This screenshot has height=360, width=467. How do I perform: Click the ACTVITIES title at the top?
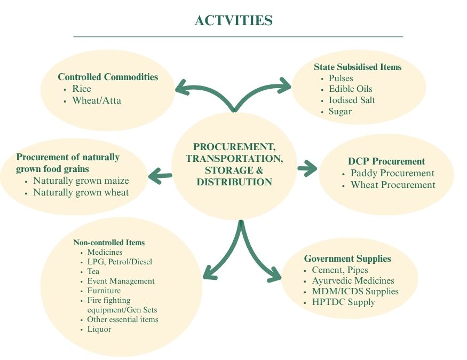(234, 20)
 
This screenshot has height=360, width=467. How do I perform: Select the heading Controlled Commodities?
(108, 77)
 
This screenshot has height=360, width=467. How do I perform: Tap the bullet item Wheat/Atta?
(97, 100)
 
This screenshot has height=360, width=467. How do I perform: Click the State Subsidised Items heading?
(358, 67)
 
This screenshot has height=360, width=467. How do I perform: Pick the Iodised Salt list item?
(351, 100)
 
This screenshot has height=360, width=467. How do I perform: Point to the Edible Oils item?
(350, 89)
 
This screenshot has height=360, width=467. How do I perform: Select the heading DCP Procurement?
(386, 161)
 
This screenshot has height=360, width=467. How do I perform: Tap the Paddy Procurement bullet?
(392, 173)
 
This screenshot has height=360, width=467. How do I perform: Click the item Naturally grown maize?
(81, 181)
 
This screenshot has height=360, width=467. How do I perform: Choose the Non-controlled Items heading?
(109, 242)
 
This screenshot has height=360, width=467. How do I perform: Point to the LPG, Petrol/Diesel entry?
(120, 262)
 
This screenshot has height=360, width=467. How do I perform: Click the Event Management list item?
(121, 281)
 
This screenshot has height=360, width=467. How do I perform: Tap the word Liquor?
(99, 329)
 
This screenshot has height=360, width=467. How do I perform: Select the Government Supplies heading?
(347, 259)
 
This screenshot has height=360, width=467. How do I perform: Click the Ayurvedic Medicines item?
(353, 281)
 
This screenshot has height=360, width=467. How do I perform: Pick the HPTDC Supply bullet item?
(343, 302)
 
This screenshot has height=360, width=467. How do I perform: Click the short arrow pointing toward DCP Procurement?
(307, 168)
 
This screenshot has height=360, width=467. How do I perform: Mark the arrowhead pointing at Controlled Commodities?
(181, 87)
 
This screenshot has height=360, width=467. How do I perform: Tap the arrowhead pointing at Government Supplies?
(275, 274)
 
